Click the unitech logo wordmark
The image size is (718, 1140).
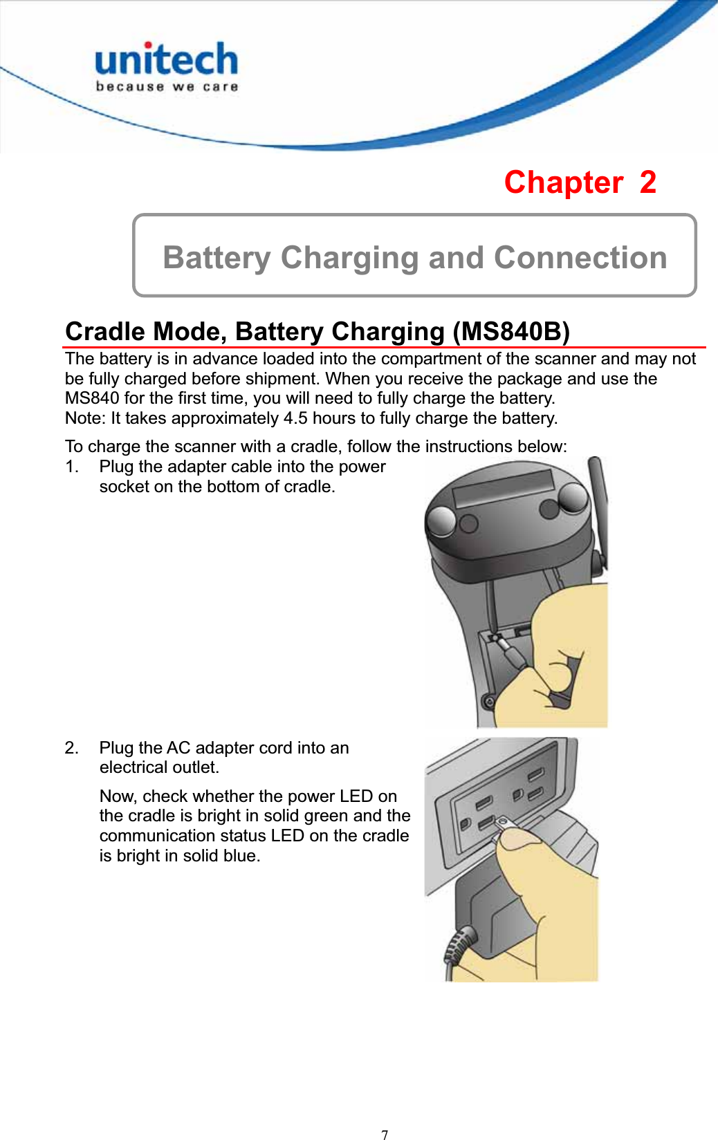pos(166,60)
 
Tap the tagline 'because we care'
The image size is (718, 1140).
pos(167,87)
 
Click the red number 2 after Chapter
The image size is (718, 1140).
pos(647,183)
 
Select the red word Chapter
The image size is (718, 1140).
pos(563,183)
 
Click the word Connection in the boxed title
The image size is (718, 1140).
pos(580,258)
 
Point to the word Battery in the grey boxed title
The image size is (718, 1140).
pos(216,258)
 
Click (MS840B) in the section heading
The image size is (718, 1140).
pos(510,331)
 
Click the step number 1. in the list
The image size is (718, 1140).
pos(72,467)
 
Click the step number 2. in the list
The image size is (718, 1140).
pos(72,748)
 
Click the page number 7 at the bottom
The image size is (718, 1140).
pos(385,1134)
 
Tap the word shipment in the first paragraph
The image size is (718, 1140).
pos(286,379)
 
